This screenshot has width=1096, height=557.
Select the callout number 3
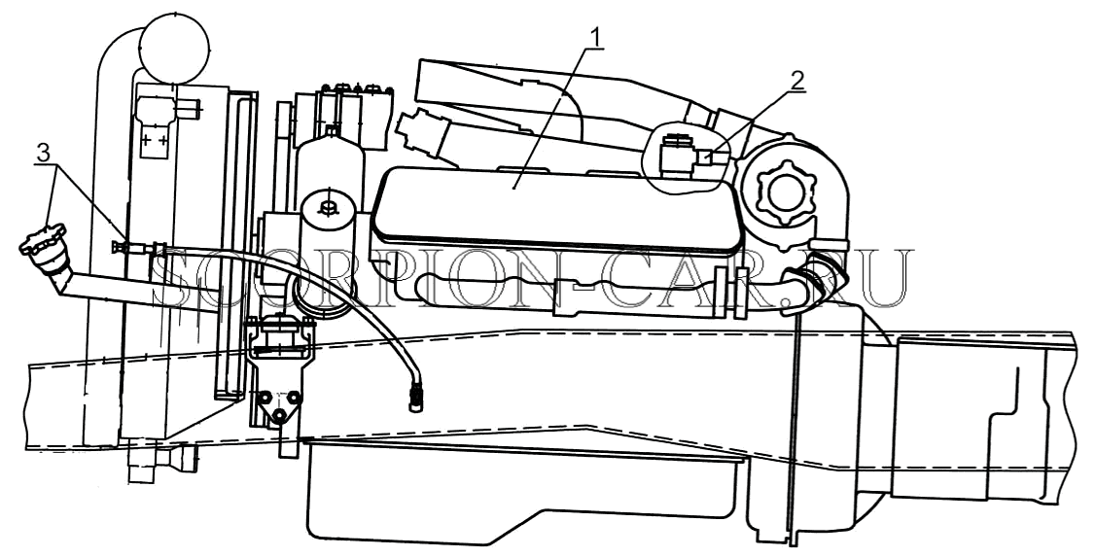click(44, 154)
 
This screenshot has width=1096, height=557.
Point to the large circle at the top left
click(175, 48)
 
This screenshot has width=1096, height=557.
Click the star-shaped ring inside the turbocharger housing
click(779, 191)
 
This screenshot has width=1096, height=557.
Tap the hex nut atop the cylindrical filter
click(326, 207)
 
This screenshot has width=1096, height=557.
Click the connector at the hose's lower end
click(415, 396)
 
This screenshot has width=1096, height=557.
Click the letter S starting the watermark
click(171, 280)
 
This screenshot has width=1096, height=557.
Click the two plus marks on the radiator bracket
click(155, 140)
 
